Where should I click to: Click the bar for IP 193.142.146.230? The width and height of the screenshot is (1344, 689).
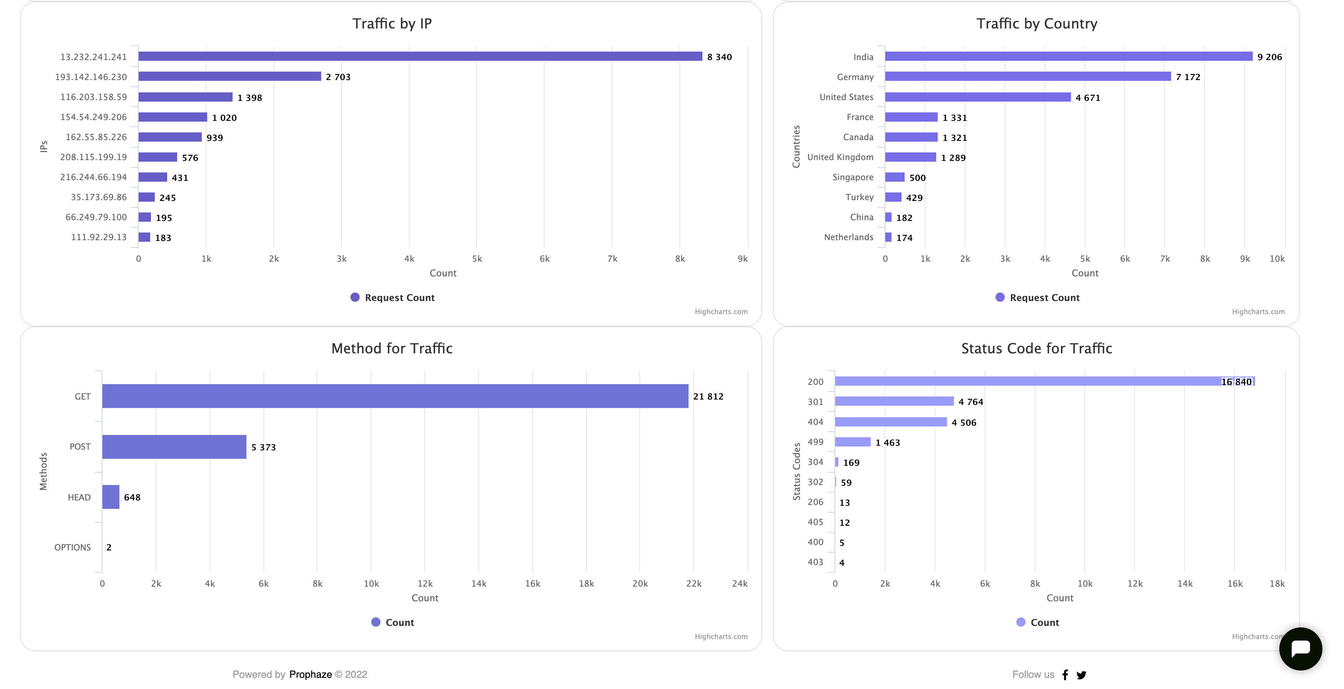[x=230, y=77]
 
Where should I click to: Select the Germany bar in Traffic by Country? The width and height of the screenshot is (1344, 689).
[x=1028, y=77]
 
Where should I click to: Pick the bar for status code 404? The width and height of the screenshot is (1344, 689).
[x=891, y=422]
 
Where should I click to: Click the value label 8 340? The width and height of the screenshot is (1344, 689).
[x=719, y=57]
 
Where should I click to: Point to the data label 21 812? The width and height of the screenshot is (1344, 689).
[x=708, y=396]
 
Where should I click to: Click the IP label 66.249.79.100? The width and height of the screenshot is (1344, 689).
[x=96, y=217]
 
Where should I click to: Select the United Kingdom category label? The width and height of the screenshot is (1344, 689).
[x=840, y=157]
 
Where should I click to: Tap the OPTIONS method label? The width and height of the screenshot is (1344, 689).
[x=72, y=547]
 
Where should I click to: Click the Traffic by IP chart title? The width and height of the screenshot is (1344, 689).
[x=392, y=23]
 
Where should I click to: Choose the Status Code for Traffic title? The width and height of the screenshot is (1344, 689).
[x=1036, y=348]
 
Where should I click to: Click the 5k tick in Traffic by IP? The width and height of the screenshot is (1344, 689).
[x=477, y=259]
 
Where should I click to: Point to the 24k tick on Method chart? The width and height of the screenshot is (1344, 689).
[x=740, y=584]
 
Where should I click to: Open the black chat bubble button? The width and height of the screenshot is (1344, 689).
[x=1300, y=649]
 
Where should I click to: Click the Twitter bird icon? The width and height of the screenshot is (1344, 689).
[x=1082, y=675]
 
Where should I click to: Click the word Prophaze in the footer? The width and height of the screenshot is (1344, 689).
[x=310, y=674]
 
